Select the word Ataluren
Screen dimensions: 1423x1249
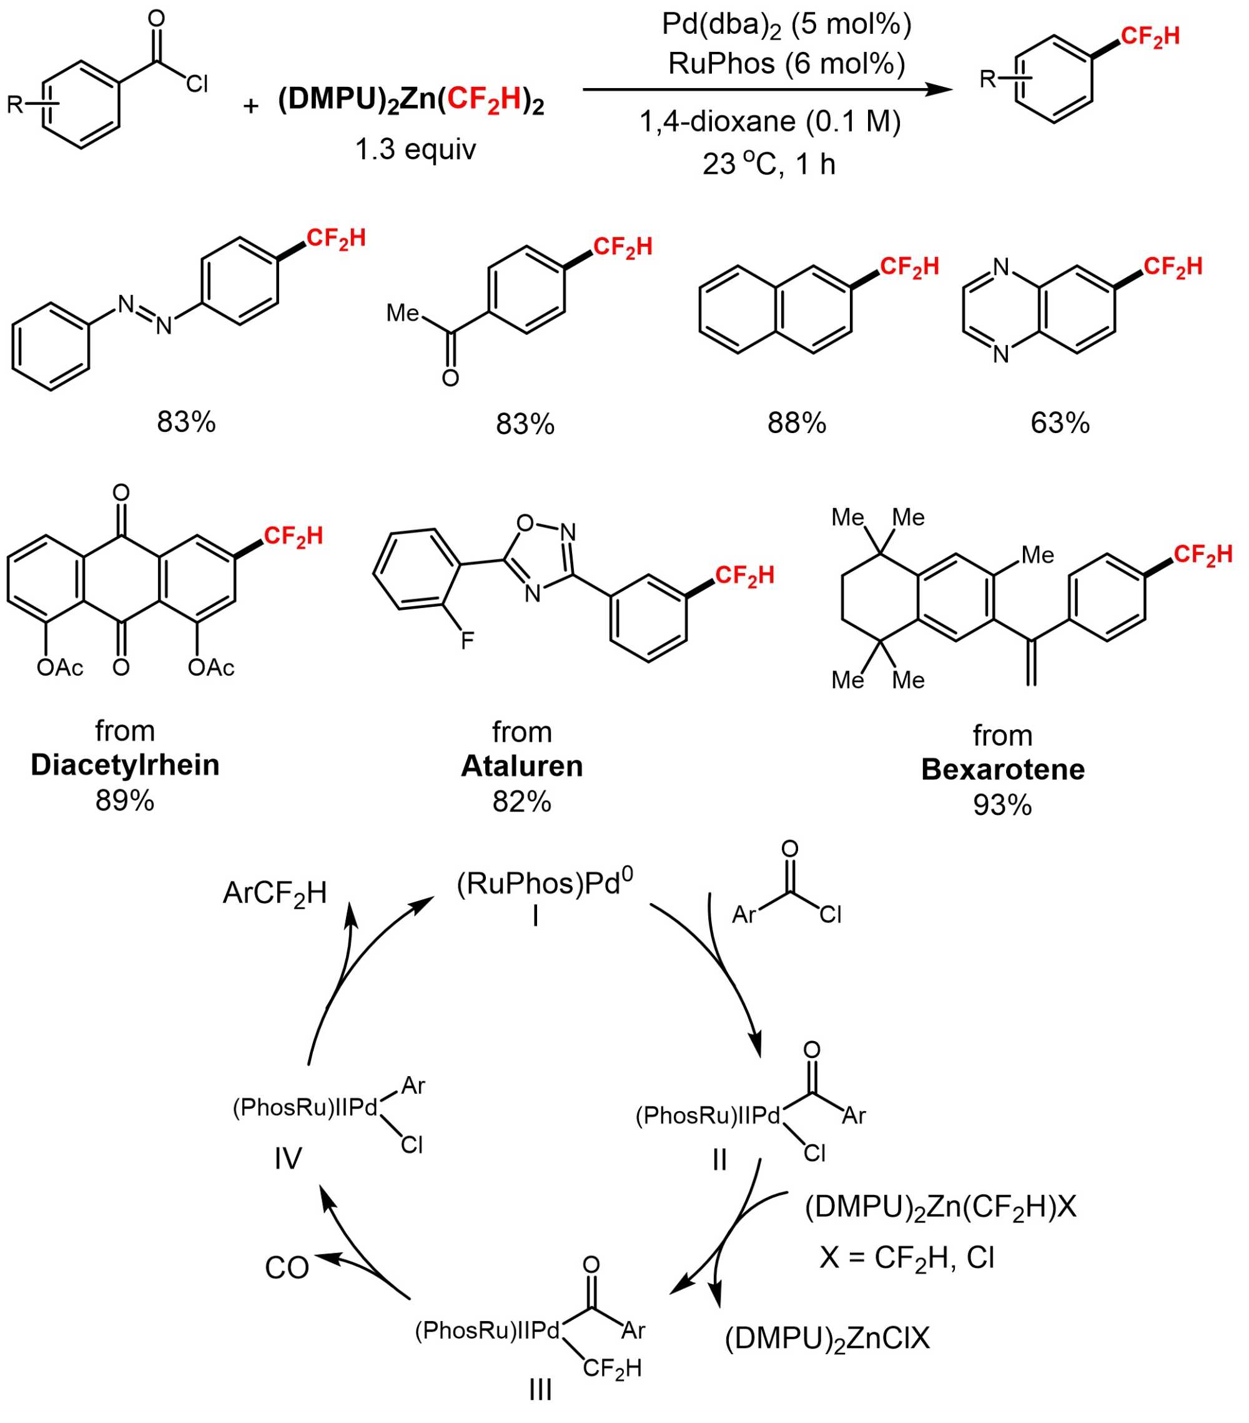(x=522, y=766)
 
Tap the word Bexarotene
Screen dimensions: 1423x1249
(x=1003, y=769)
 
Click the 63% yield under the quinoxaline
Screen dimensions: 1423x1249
(x=1060, y=422)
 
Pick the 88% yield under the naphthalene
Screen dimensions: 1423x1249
(x=797, y=422)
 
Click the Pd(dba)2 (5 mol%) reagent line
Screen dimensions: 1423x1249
(x=786, y=25)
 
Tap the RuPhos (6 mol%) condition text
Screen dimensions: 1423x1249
(x=786, y=64)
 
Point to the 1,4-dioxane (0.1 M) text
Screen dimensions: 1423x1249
(x=770, y=122)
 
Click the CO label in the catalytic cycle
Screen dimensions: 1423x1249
(x=287, y=1269)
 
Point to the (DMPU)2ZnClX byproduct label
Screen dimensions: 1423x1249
(x=827, y=1338)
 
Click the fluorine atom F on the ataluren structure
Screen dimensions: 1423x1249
(x=468, y=639)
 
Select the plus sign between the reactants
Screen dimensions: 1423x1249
(x=250, y=106)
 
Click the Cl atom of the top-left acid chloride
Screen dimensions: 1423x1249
(x=197, y=85)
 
